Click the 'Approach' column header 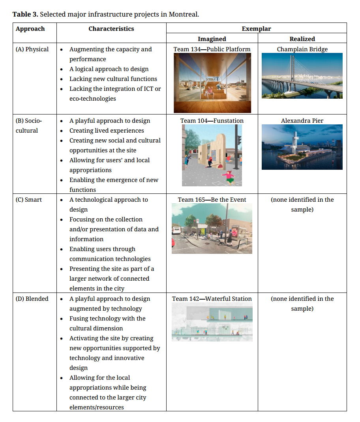coord(30,29)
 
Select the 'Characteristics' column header coord(111,29)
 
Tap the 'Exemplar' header coord(256,29)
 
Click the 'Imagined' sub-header coord(212,39)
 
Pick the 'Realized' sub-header coord(302,39)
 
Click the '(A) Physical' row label coord(32,49)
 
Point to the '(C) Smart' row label coord(29,200)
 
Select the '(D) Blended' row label coord(32,299)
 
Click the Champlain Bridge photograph coord(302,76)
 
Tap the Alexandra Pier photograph coord(302,147)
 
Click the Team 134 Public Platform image coord(212,83)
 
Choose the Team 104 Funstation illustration coord(212,155)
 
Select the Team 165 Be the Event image coord(212,229)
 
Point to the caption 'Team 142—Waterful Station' coord(212,299)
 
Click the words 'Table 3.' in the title coord(25,15)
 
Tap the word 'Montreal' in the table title coord(183,15)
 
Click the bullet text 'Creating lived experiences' coord(107,131)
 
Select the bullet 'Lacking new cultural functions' coord(113,79)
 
